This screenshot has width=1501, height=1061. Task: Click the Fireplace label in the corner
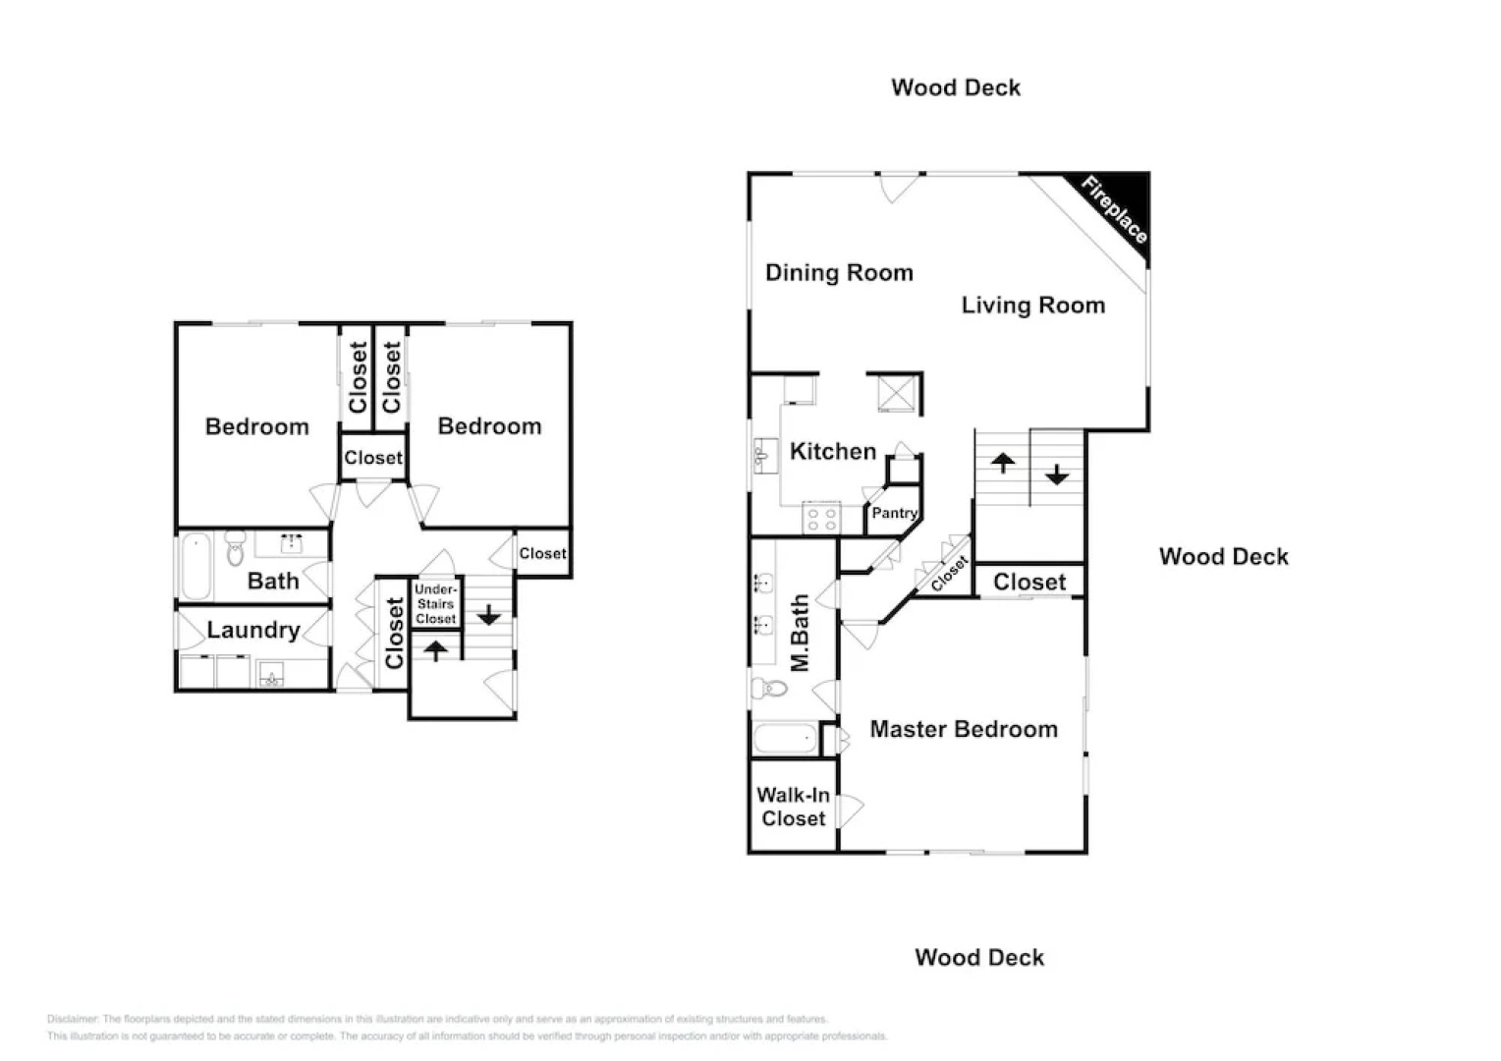1114,209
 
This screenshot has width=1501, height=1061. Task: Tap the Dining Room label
839,273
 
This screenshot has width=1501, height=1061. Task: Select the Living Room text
1032,306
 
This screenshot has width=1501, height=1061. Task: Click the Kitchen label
832,452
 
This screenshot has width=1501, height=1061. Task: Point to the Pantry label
894,513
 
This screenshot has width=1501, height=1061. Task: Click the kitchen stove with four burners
821,518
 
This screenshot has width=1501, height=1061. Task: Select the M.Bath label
801,633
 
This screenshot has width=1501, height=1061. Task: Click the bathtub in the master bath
784,738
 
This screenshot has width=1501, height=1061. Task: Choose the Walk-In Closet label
793,807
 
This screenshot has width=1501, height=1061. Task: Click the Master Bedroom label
964,729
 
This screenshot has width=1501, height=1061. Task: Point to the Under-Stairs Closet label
435,604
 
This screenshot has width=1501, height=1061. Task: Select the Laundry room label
252,630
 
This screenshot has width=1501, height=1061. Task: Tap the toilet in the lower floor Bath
235,549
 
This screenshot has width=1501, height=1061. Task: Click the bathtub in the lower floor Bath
195,566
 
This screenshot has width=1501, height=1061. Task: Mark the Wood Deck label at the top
956,87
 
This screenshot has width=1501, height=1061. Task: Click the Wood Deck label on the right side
1223,557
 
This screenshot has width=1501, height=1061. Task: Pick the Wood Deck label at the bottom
979,958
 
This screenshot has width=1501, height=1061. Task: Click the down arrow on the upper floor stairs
1057,475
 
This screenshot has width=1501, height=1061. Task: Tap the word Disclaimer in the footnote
73,1019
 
